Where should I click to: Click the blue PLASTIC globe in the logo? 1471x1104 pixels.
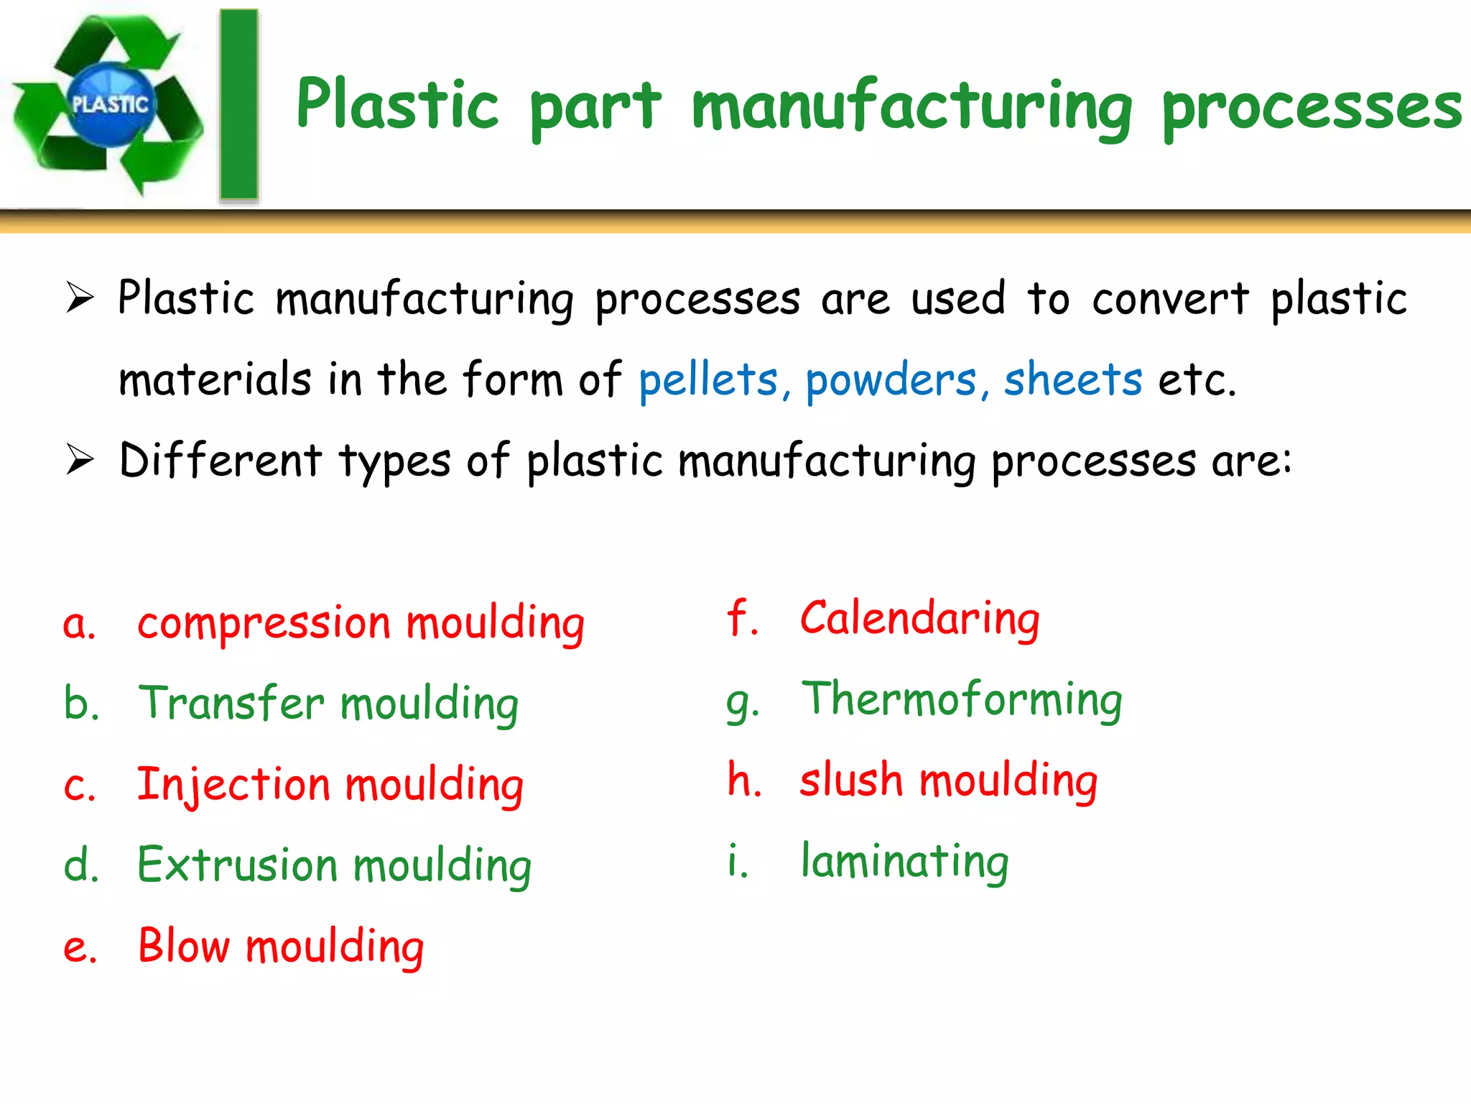click(x=109, y=105)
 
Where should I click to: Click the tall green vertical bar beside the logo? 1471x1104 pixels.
click(x=238, y=105)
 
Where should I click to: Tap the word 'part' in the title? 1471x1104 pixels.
click(x=595, y=108)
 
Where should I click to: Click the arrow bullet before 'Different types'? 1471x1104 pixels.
click(x=80, y=459)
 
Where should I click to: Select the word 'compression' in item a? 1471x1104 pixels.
click(x=264, y=624)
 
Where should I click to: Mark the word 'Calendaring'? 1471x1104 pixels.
click(x=920, y=620)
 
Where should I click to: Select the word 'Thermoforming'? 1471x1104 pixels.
click(x=962, y=700)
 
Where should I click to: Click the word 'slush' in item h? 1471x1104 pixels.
click(x=851, y=781)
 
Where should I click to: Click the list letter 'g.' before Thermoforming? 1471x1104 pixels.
click(x=742, y=703)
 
